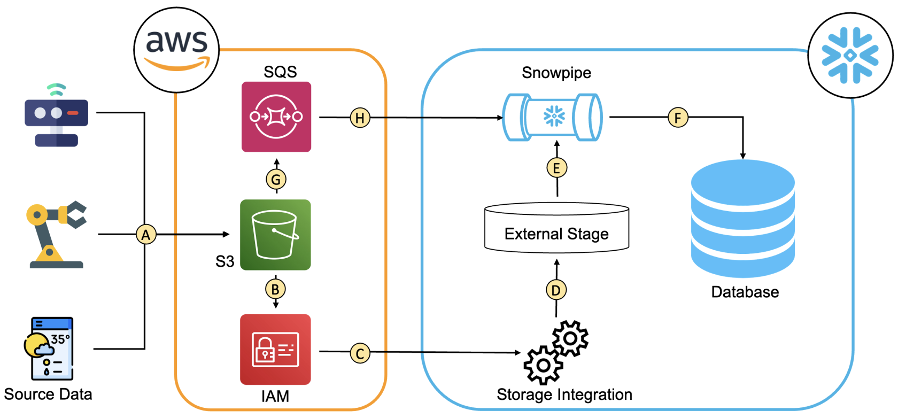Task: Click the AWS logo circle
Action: click(176, 50)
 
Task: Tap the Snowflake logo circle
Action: click(850, 56)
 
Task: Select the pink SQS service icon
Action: click(276, 117)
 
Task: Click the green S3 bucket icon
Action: click(275, 235)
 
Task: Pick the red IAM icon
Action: click(275, 350)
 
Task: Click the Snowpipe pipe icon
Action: click(553, 117)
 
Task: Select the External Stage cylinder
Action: click(556, 228)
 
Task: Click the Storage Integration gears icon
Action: click(556, 353)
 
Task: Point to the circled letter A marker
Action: click(146, 235)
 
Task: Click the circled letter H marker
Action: click(360, 118)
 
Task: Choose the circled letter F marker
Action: click(678, 118)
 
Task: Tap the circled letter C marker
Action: click(360, 353)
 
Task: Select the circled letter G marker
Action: click(276, 179)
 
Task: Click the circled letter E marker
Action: click(556, 168)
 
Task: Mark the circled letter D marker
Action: click(556, 290)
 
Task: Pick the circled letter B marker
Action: click(275, 289)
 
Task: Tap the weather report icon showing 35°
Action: click(49, 349)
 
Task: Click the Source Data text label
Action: click(48, 394)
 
